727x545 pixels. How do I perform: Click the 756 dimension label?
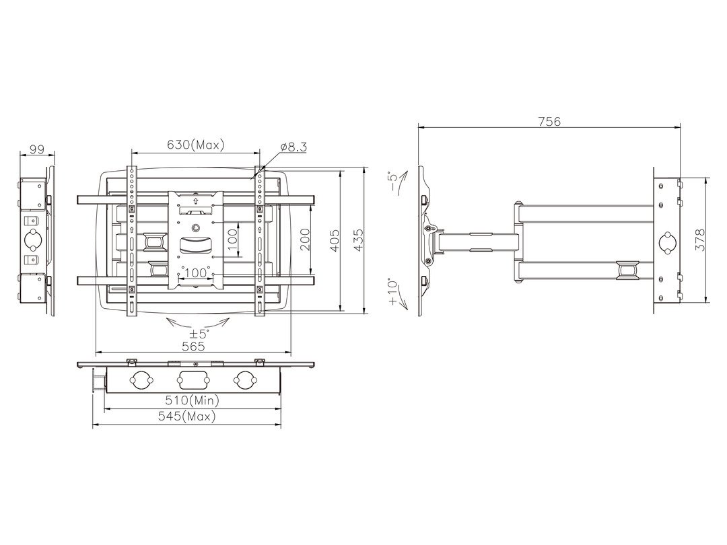click(x=549, y=122)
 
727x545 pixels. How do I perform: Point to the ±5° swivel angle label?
click(x=199, y=332)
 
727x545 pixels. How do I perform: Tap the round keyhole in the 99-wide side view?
click(x=36, y=240)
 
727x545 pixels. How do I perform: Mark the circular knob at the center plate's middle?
click(x=195, y=227)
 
